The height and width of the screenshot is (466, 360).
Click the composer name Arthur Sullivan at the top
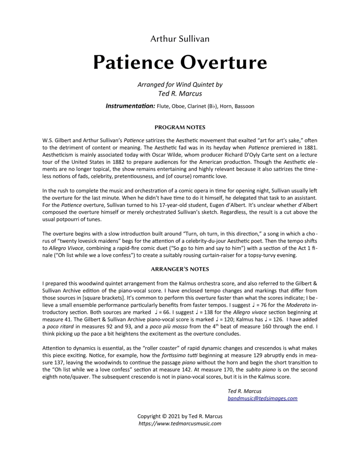[180, 39]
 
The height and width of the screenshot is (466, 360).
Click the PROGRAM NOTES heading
[180, 128]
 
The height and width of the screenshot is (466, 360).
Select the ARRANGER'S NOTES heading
[180, 269]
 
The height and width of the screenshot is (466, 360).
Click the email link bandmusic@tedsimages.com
[262, 398]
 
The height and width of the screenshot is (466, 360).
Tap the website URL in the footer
[180, 423]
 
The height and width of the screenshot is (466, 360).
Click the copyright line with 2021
[180, 416]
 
